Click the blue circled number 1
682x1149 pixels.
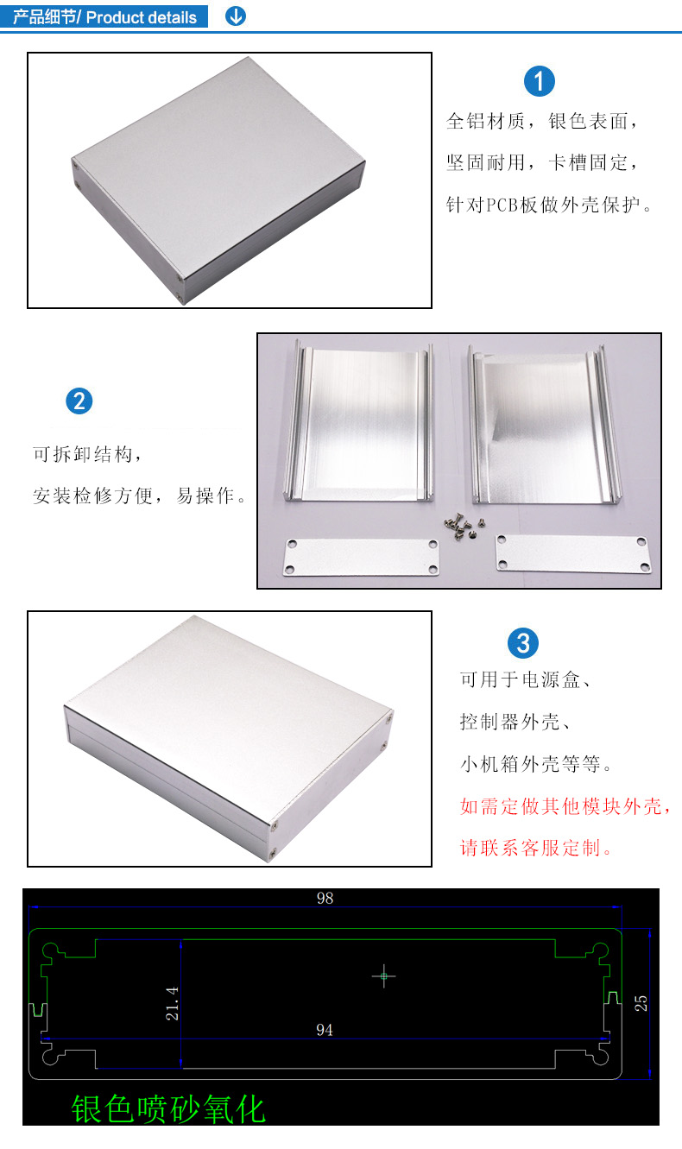(x=539, y=81)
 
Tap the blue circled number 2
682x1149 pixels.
(x=79, y=401)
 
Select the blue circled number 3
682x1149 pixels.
(x=522, y=643)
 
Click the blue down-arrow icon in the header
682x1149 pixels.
(x=236, y=16)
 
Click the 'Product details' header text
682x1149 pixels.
(x=141, y=17)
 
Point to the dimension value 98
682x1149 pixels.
(x=325, y=898)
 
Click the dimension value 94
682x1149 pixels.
(x=324, y=1030)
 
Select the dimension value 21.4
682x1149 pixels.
(x=173, y=1003)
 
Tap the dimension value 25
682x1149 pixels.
(x=641, y=1003)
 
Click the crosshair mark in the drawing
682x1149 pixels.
(x=383, y=975)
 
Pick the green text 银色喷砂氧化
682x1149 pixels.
(x=168, y=1108)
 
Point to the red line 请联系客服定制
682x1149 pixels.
(x=536, y=849)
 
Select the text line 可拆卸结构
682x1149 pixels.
(x=87, y=454)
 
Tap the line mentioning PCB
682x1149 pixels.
(x=549, y=205)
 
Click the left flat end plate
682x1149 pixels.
(x=361, y=557)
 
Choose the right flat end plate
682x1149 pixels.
(x=573, y=554)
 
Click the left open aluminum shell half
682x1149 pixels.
(x=359, y=421)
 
